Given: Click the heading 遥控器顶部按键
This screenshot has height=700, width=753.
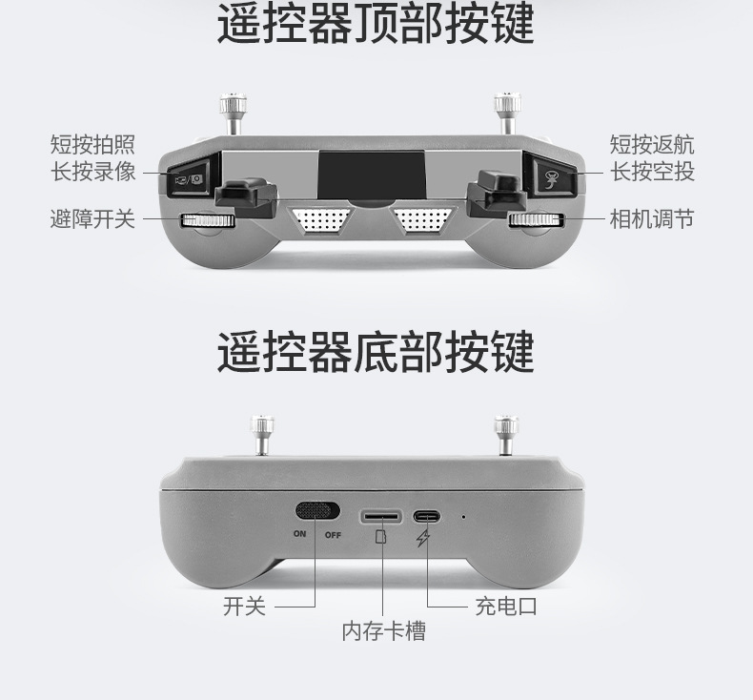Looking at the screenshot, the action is pyautogui.click(x=376, y=24).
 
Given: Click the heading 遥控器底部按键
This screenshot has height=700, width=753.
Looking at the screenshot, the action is pyautogui.click(x=376, y=351).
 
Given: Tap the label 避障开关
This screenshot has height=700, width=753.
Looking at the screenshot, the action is pyautogui.click(x=92, y=218).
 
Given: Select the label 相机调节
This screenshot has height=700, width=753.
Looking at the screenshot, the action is pyautogui.click(x=652, y=218).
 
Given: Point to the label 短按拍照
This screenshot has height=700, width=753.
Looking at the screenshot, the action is pyautogui.click(x=92, y=144).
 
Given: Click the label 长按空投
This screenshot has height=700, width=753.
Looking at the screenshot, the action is pyautogui.click(x=652, y=171).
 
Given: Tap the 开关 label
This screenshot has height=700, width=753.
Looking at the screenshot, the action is pyautogui.click(x=244, y=606).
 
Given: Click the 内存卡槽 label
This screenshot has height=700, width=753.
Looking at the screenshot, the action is pyautogui.click(x=384, y=630).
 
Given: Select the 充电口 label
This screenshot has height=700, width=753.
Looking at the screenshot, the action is pyautogui.click(x=506, y=606).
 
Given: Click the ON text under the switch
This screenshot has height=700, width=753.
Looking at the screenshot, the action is pyautogui.click(x=299, y=533).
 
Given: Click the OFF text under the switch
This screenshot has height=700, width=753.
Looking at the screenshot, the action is pyautogui.click(x=333, y=535).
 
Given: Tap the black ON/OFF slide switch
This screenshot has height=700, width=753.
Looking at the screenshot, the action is pyautogui.click(x=317, y=511).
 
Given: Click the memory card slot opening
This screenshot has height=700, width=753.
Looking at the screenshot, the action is pyautogui.click(x=381, y=517).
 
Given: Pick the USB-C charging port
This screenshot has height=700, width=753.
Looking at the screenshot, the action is pyautogui.click(x=426, y=517).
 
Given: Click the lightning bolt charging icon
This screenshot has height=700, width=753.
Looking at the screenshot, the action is pyautogui.click(x=423, y=539).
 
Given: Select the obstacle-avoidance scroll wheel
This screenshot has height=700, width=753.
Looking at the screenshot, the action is pyautogui.click(x=208, y=220).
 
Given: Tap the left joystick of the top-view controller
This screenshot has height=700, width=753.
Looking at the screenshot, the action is pyautogui.click(x=234, y=113).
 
